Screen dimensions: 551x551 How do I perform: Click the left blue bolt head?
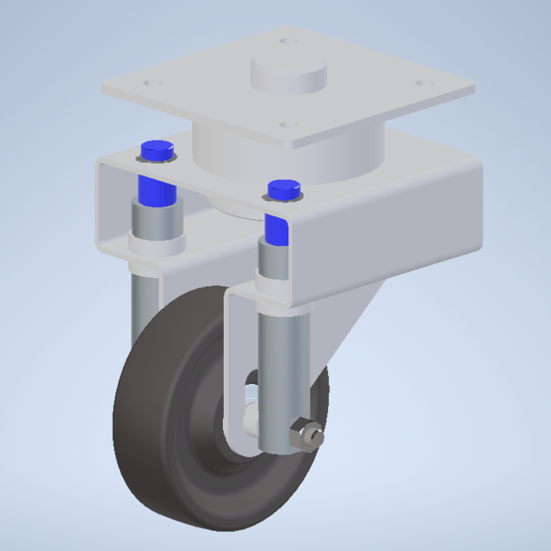[x=156, y=149]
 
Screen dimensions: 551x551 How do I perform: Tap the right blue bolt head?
[x=283, y=189]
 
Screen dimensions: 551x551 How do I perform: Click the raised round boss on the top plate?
[x=289, y=73]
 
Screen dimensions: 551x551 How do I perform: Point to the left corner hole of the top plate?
[x=152, y=84]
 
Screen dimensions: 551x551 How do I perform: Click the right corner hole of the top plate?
[x=422, y=83]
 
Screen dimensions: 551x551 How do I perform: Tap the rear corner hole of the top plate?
[x=286, y=40]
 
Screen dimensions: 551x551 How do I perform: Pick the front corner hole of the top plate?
[x=287, y=125]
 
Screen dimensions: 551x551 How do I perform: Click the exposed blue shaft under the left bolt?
[x=155, y=189]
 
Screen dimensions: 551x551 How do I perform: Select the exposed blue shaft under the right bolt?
[x=277, y=229]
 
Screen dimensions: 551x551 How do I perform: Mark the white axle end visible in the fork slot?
[x=251, y=419]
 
